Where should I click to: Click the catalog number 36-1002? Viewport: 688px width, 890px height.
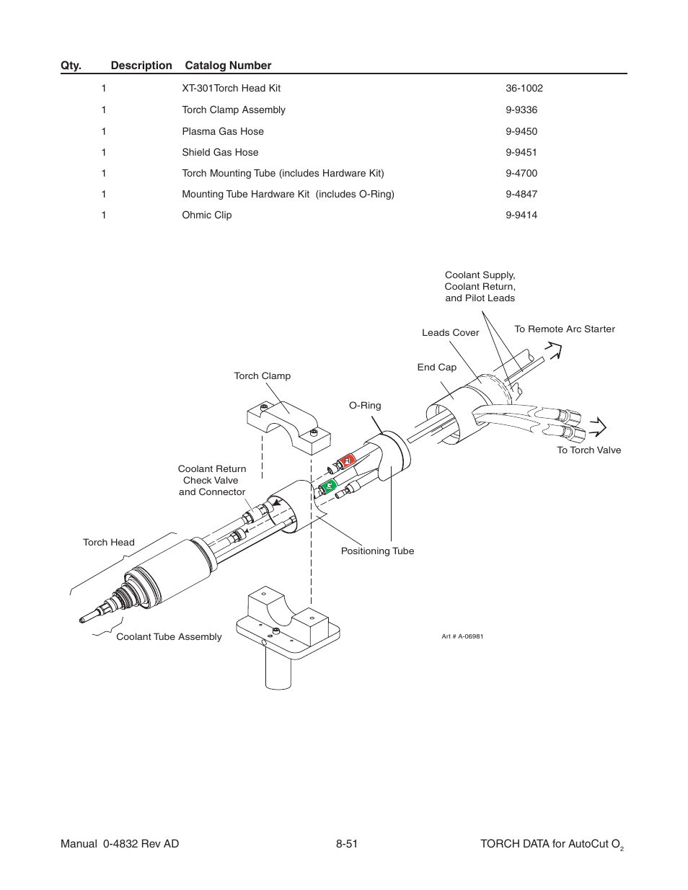524,88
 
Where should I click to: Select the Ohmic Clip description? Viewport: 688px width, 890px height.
207,215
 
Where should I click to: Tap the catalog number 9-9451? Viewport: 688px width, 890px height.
521,152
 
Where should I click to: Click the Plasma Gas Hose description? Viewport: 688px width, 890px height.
223,131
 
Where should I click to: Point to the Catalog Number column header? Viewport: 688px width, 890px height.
228,66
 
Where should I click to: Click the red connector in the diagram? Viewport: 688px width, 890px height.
348,460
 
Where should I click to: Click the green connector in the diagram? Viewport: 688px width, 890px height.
329,486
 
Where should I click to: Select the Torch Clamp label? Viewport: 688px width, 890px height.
262,375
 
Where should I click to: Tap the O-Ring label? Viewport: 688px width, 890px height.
365,405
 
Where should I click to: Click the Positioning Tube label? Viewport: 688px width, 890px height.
377,551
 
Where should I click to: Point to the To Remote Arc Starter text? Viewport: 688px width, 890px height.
564,329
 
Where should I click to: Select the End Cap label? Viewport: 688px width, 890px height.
436,367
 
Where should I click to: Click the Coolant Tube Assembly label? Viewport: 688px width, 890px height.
169,636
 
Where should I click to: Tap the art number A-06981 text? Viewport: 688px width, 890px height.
462,636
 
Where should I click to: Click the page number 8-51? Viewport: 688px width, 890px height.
346,843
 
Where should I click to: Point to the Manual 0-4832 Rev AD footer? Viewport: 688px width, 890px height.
120,843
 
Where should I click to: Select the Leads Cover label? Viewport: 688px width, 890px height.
450,332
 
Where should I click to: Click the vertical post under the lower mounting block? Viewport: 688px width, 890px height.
278,670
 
